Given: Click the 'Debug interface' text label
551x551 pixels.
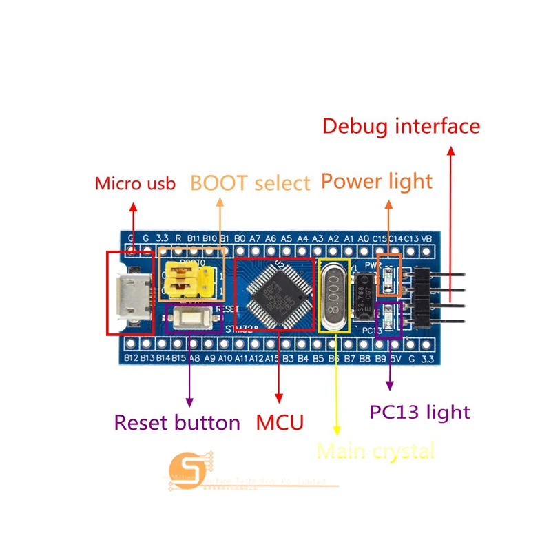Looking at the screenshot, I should click(401, 126).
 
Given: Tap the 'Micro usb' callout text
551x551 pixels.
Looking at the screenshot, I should click(135, 183).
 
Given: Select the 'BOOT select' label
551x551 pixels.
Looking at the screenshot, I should click(250, 183).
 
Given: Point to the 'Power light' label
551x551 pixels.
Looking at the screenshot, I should click(376, 181).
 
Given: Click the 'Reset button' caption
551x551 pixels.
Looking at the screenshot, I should click(177, 422).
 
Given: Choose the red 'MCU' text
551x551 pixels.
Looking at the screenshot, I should click(280, 422).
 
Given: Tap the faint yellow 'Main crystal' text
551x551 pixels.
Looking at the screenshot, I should click(375, 451).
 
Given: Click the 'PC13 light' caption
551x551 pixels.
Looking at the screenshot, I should click(419, 413).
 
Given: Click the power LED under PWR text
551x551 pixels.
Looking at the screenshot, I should click(390, 278).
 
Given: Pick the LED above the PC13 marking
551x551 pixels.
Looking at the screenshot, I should click(391, 318).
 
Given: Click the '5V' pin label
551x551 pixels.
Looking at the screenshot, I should click(396, 358).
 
